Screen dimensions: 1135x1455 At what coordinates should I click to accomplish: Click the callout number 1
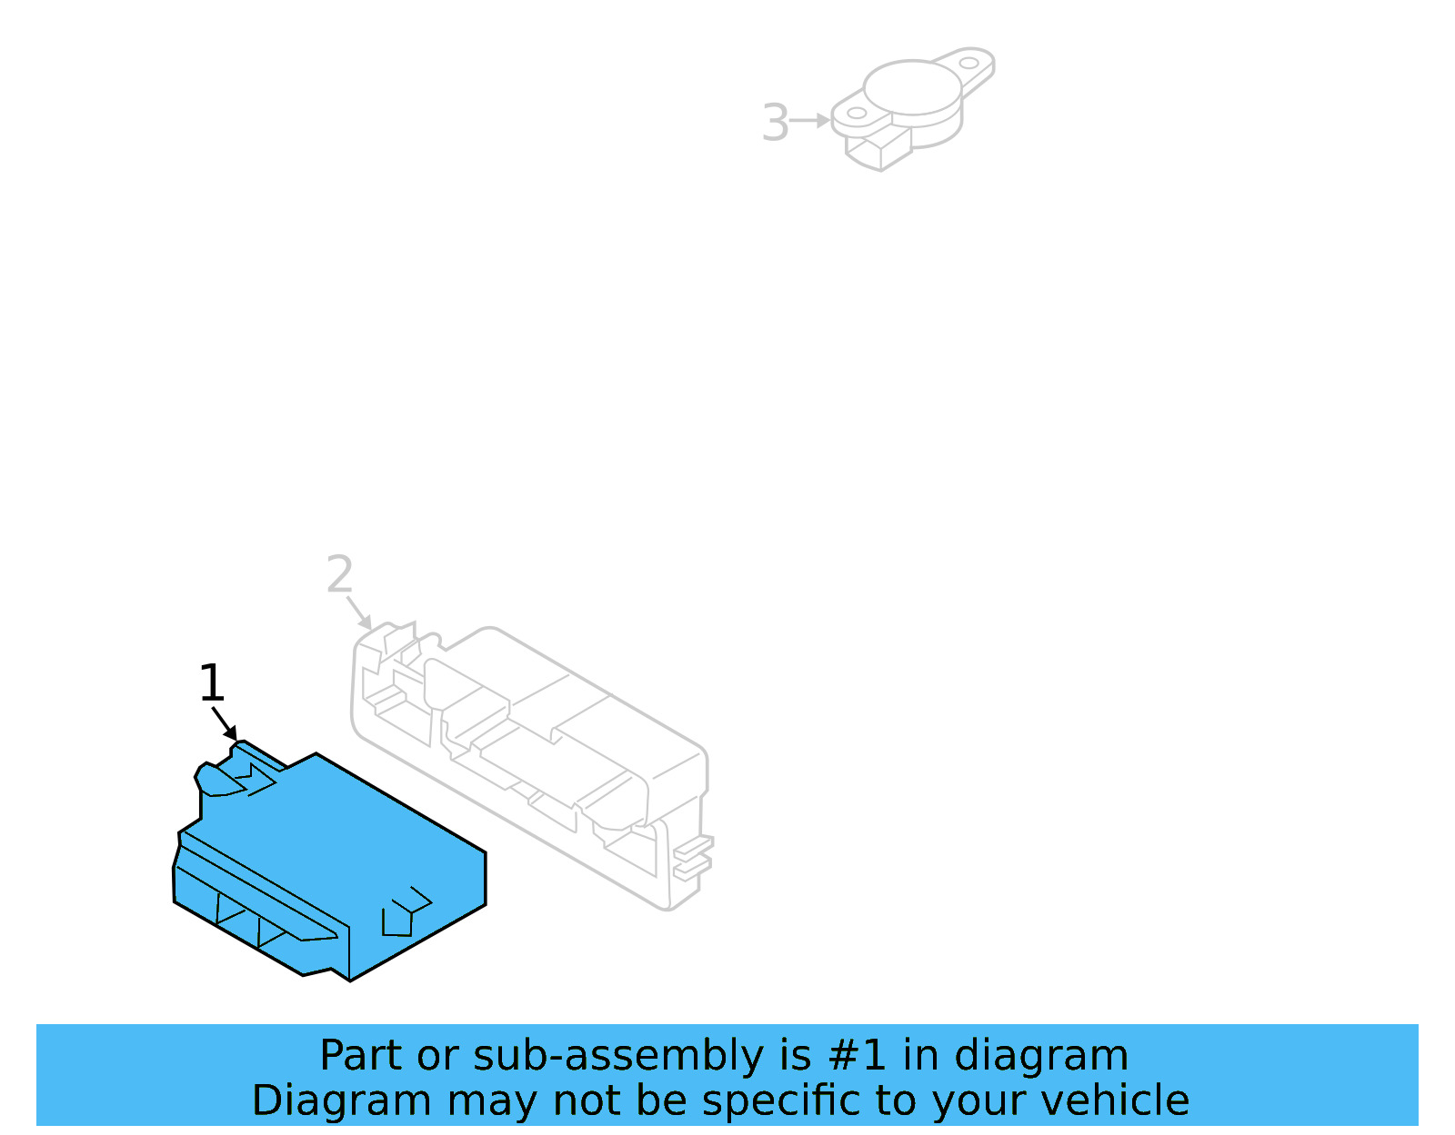point(211,683)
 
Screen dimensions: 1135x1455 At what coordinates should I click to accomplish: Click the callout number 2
point(339,575)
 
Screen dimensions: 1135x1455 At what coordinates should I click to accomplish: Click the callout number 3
point(775,123)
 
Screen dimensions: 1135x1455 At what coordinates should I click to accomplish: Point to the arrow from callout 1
point(225,723)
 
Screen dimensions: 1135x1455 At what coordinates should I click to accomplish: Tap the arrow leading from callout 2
point(359,612)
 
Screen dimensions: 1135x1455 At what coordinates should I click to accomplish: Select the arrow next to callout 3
point(809,120)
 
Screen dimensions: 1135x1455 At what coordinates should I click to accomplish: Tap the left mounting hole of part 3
point(857,114)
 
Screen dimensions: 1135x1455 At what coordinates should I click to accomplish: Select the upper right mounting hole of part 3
point(969,64)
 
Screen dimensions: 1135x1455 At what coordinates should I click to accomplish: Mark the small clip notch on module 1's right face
point(404,912)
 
